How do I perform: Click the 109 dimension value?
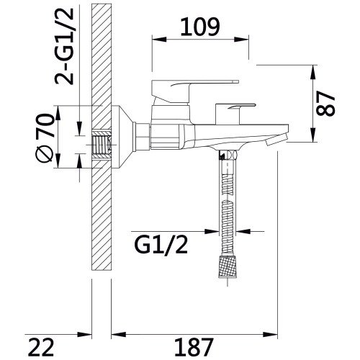200,27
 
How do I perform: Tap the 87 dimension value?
325,104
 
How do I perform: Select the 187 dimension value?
194,347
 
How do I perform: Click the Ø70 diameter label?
45,138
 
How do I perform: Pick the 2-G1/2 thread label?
64,46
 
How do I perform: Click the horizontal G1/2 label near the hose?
161,245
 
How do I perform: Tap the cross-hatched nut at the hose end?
228,266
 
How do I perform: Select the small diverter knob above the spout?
235,113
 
